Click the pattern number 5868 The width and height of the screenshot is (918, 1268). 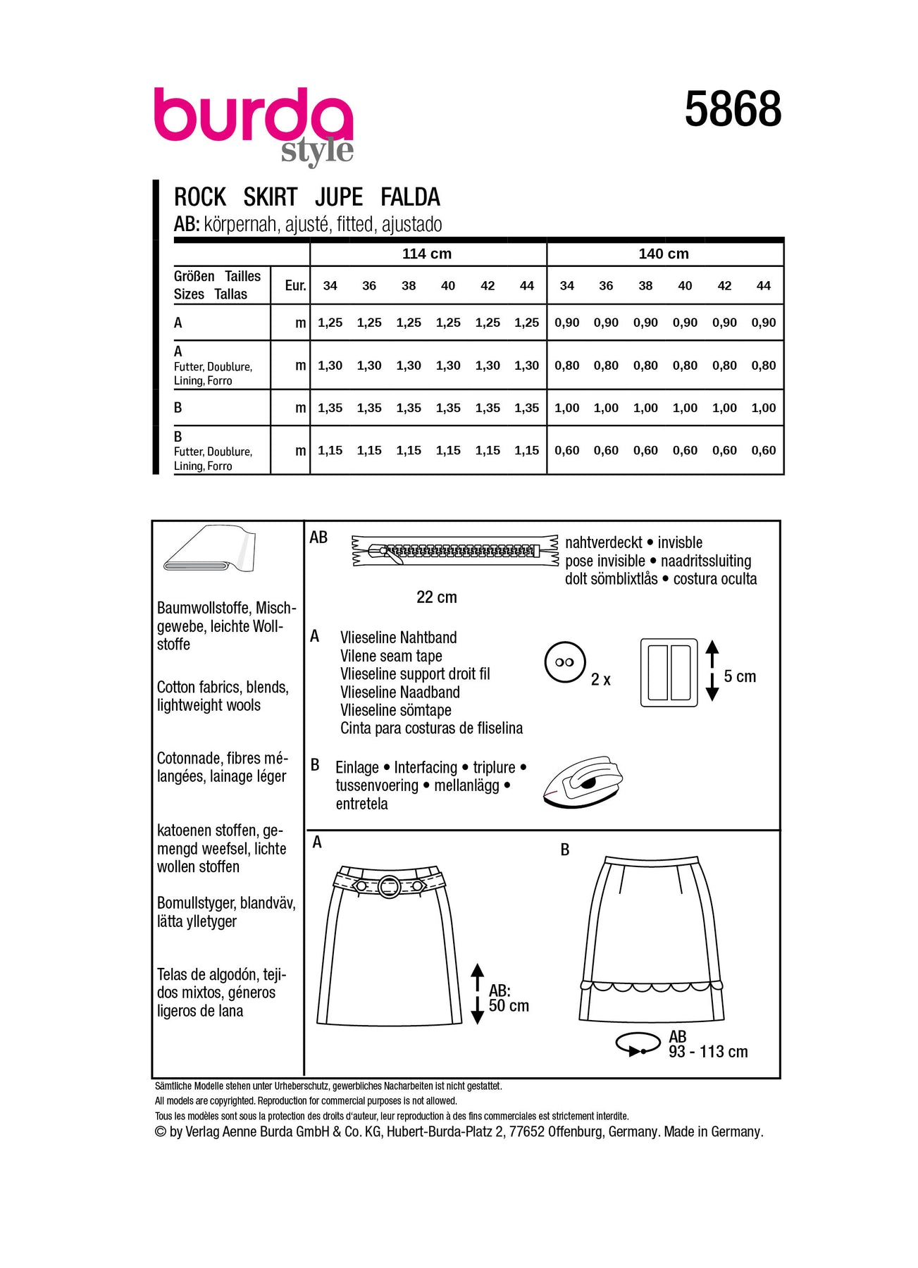pyautogui.click(x=733, y=109)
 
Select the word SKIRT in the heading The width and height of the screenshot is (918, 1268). pyautogui.click(x=271, y=197)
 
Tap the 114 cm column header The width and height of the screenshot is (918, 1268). pyautogui.click(x=427, y=254)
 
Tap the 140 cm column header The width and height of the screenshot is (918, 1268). pyautogui.click(x=664, y=254)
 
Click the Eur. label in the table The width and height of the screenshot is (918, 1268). pyautogui.click(x=295, y=285)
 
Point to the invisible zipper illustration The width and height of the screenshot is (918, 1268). pyautogui.click(x=454, y=551)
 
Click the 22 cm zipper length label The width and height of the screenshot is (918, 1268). pyautogui.click(x=437, y=597)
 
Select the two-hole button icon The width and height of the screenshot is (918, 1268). pyautogui.click(x=565, y=662)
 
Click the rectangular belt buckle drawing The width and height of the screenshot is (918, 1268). pyautogui.click(x=669, y=672)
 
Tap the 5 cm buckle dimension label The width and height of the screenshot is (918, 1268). pyautogui.click(x=740, y=676)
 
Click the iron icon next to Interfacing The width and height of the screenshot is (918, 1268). pyautogui.click(x=583, y=781)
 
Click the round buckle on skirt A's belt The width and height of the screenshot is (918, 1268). pyautogui.click(x=390, y=886)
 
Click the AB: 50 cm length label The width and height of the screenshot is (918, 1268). pyautogui.click(x=509, y=997)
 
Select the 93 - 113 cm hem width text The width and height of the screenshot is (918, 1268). pyautogui.click(x=708, y=1052)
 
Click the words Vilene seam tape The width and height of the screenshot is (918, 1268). pyautogui.click(x=391, y=656)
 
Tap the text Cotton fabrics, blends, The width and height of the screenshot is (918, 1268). pyautogui.click(x=223, y=688)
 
